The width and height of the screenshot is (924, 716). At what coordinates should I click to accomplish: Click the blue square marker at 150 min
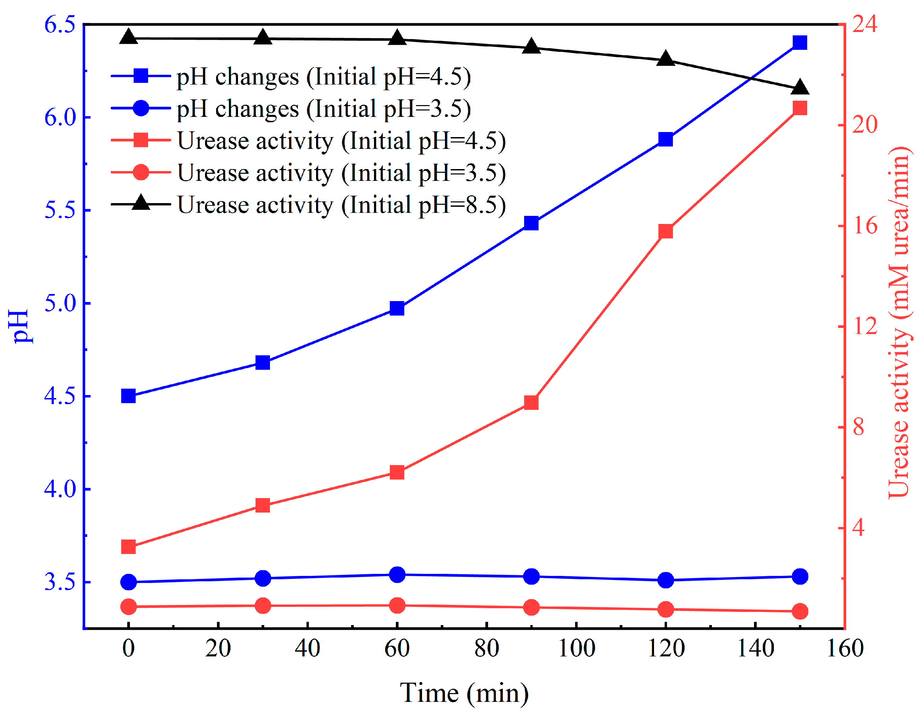click(x=799, y=43)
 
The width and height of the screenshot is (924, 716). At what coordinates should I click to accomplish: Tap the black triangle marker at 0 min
click(x=129, y=38)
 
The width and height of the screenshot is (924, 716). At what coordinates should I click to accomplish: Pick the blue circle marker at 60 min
click(x=397, y=575)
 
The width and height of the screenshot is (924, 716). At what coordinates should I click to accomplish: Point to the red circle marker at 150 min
click(x=799, y=611)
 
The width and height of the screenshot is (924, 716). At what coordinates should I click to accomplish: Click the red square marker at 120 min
click(x=665, y=231)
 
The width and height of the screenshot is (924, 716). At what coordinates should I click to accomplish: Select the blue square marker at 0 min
click(x=129, y=396)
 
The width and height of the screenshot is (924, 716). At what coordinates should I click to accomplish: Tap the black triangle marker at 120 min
click(x=665, y=59)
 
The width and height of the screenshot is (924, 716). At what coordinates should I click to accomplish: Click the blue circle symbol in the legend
click(x=141, y=108)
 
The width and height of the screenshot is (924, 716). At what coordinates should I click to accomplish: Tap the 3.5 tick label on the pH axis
click(x=60, y=582)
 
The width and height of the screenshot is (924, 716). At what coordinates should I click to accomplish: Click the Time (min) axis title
click(x=464, y=693)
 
